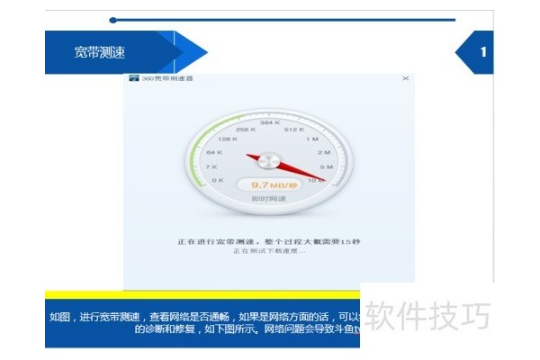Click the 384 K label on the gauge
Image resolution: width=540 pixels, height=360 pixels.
click(269, 121)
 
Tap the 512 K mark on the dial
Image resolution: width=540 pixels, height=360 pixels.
click(295, 129)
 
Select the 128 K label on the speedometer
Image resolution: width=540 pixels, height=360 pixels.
click(227, 139)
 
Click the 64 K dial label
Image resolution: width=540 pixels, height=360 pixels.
click(214, 153)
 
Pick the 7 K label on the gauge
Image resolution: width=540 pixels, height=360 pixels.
click(211, 167)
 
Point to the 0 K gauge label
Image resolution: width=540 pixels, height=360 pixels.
click(217, 181)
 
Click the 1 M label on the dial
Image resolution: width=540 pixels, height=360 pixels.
click(312, 139)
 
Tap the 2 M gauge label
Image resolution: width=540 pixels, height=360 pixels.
click(323, 153)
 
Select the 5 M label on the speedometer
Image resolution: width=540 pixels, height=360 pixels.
click(326, 167)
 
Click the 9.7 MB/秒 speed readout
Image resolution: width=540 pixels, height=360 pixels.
click(269, 184)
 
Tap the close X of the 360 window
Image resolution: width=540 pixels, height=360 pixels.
click(405, 79)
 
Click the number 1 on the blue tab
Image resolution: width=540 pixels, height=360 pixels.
click(483, 52)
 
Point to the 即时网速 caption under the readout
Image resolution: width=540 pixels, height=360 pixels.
click(268, 198)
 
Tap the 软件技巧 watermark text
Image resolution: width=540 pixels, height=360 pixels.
click(427, 318)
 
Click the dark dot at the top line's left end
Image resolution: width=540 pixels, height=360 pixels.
click(112, 20)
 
